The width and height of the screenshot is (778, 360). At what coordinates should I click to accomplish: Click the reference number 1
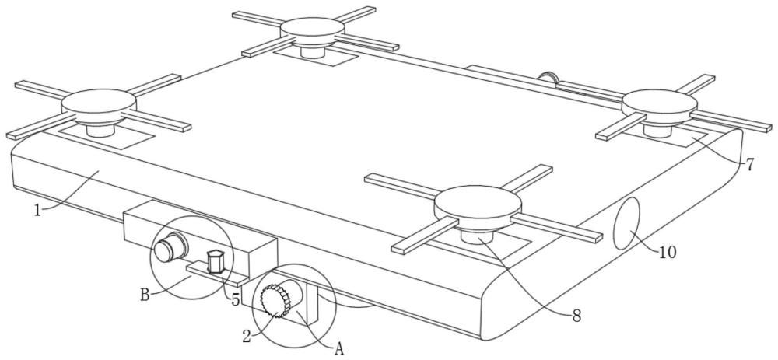click(37, 210)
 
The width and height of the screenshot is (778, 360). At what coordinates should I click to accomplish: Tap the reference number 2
click(247, 336)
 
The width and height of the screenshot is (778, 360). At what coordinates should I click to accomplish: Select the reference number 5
click(235, 299)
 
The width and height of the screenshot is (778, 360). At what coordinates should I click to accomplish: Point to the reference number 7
click(750, 165)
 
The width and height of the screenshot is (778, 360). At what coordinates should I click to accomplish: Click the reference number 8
click(576, 316)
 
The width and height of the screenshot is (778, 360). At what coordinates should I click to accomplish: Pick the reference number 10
click(668, 253)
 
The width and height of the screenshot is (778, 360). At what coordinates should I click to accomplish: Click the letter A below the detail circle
click(339, 349)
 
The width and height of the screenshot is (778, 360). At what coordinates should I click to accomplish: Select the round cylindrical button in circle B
click(170, 247)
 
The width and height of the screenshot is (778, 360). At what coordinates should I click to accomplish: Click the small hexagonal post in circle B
click(216, 260)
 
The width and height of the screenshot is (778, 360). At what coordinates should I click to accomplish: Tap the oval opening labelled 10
click(627, 224)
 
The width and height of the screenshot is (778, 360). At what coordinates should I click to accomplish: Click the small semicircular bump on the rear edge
click(548, 76)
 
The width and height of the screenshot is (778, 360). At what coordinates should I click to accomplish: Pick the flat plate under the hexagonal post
click(217, 274)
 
